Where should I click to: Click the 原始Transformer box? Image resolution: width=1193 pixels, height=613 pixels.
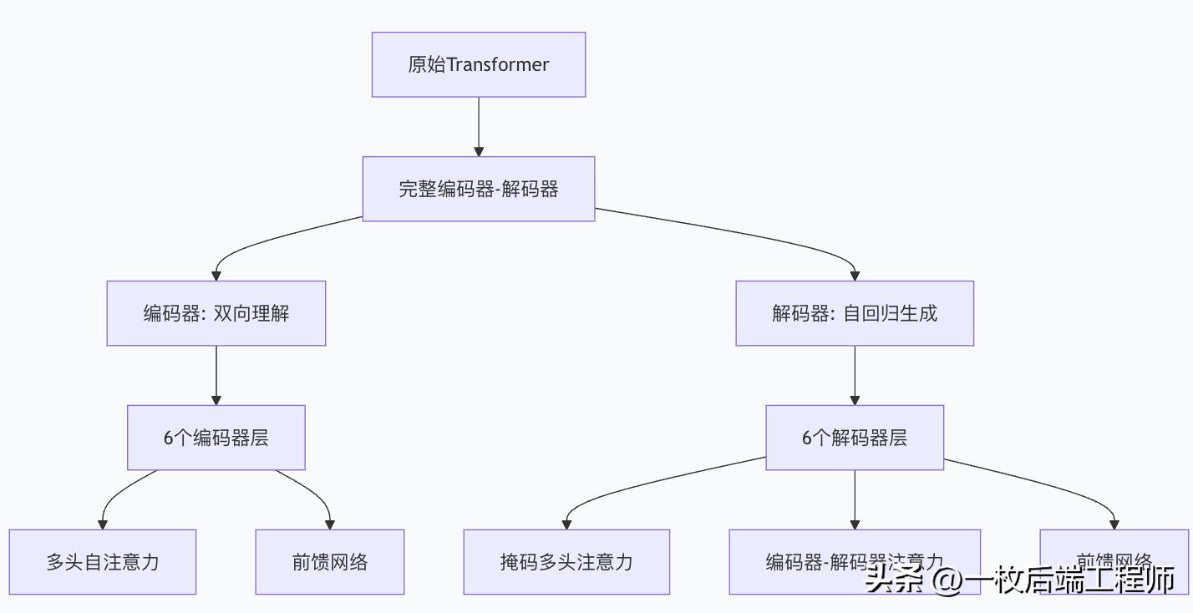(478, 64)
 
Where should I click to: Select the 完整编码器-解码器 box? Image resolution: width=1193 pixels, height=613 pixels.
(478, 189)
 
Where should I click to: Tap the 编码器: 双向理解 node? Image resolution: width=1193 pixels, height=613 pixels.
(216, 313)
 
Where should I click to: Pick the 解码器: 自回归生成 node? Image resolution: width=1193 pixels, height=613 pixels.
(855, 313)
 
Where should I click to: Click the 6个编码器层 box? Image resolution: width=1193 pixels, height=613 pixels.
(216, 438)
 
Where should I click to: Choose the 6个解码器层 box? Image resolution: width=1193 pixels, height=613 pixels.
(855, 438)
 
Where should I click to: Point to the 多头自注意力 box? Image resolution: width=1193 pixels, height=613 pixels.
(102, 562)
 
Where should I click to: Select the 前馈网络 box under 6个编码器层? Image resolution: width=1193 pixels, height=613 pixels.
(329, 562)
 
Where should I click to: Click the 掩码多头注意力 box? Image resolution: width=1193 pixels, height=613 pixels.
(566, 562)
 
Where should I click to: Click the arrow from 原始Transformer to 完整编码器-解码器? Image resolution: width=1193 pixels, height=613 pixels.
(479, 125)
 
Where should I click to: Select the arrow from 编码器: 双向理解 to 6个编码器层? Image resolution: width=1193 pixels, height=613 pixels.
(216, 374)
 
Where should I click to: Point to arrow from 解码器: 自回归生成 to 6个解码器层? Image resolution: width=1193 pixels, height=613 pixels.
(855, 374)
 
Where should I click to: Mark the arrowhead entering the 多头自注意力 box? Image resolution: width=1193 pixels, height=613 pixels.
(102, 524)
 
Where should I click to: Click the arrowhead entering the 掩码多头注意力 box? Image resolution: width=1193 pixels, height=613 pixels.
(566, 524)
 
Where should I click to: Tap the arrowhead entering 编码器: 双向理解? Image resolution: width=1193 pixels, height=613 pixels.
(216, 275)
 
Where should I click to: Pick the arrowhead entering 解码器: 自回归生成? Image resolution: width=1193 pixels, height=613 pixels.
(855, 275)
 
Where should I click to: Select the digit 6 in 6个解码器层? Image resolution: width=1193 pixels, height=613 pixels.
(807, 438)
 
